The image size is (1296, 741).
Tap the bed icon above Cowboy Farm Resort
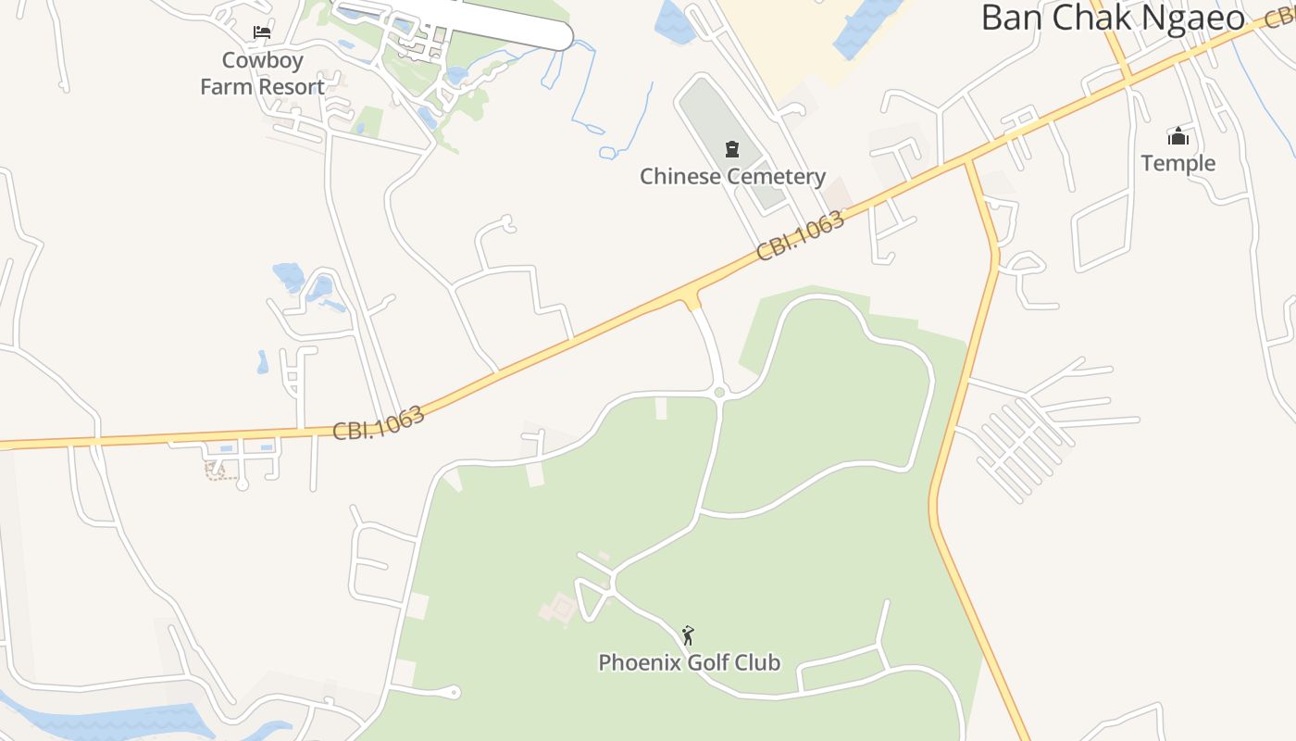click(262, 32)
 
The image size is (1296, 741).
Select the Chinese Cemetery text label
click(732, 176)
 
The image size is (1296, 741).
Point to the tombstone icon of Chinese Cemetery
click(732, 149)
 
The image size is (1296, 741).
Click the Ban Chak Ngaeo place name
click(1113, 18)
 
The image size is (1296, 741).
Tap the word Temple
click(1178, 163)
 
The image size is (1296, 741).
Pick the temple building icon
click(1178, 137)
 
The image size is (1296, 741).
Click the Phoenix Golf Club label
click(689, 662)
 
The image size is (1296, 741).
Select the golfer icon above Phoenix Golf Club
click(688, 635)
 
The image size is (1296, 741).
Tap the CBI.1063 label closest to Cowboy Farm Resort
click(379, 422)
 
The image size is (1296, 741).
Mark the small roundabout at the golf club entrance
click(720, 393)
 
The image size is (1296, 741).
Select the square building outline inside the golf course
click(560, 609)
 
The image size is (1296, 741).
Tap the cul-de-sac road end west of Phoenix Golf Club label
click(455, 692)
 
